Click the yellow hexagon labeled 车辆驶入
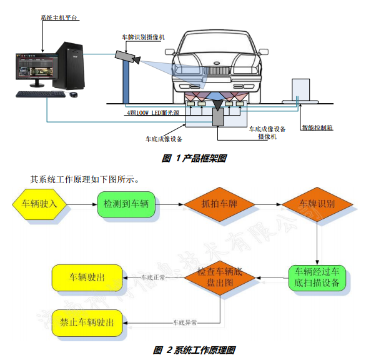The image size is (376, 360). (39, 204)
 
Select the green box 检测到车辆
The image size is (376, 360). (127, 204)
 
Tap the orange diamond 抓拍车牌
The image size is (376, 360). (219, 204)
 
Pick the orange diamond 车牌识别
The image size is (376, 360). (317, 204)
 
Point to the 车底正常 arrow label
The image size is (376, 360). (154, 276)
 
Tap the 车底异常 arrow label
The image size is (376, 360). (185, 323)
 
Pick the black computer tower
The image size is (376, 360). (68, 66)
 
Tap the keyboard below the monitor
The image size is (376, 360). (40, 94)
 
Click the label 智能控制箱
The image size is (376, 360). (316, 127)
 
